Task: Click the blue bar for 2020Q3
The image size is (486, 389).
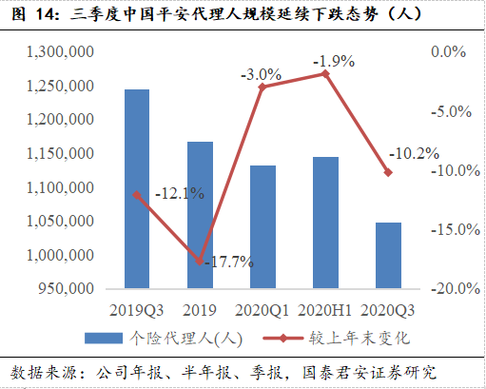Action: coord(388,255)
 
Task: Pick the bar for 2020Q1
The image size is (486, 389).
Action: coord(262,226)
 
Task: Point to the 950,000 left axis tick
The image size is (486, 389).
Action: coord(63,288)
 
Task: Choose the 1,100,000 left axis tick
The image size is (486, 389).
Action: coord(57,188)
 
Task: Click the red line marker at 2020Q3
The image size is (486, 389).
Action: coord(388,172)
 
